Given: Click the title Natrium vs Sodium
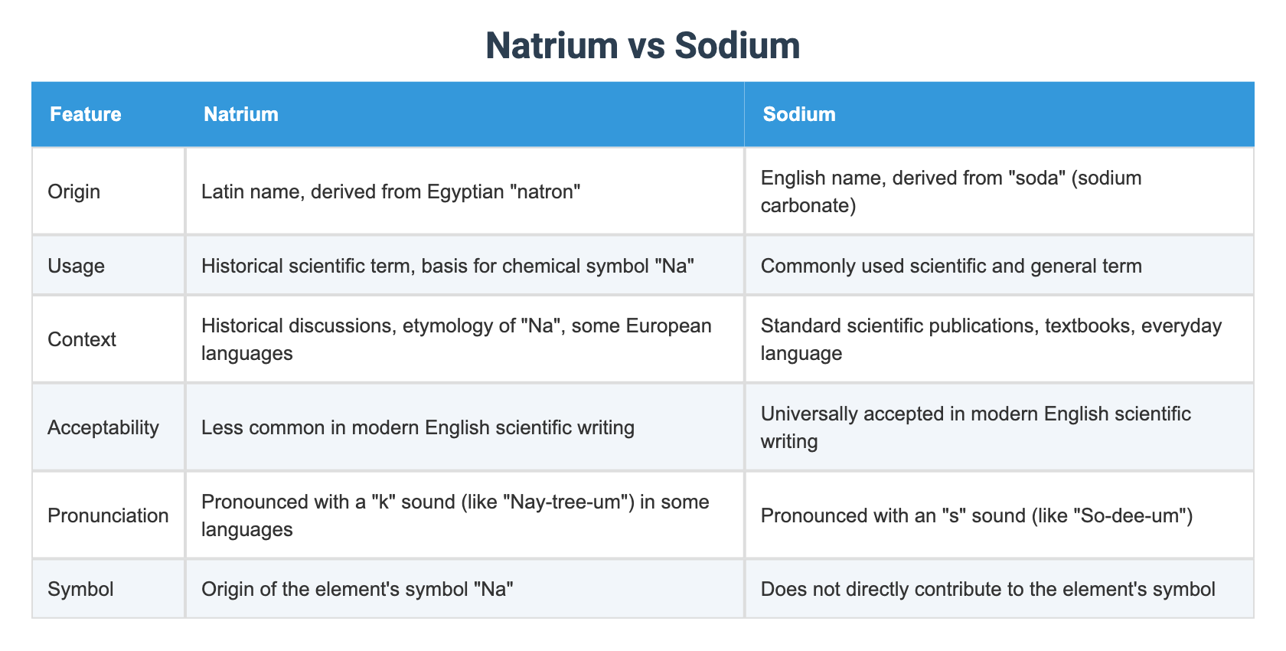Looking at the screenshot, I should coord(642,45).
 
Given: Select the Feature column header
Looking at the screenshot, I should coord(86,114).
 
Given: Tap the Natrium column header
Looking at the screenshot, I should coord(241,114).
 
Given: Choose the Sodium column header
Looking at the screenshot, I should coord(799,114).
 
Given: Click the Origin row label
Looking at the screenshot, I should coord(74,191).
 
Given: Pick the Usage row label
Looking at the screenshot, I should coord(77,266).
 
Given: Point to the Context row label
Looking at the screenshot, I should coord(82,339).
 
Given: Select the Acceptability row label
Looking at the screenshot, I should coord(103,427).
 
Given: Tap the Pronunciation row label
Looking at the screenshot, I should coord(108,515).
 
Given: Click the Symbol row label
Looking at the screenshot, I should coord(80,589).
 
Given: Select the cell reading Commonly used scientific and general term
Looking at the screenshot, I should coord(951,266).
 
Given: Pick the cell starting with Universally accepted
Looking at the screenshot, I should coord(975,427).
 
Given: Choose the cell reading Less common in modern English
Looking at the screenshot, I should coord(417,427).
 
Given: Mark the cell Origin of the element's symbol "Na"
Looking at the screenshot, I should coord(357,589).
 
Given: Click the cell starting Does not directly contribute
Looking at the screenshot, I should coord(987,589).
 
